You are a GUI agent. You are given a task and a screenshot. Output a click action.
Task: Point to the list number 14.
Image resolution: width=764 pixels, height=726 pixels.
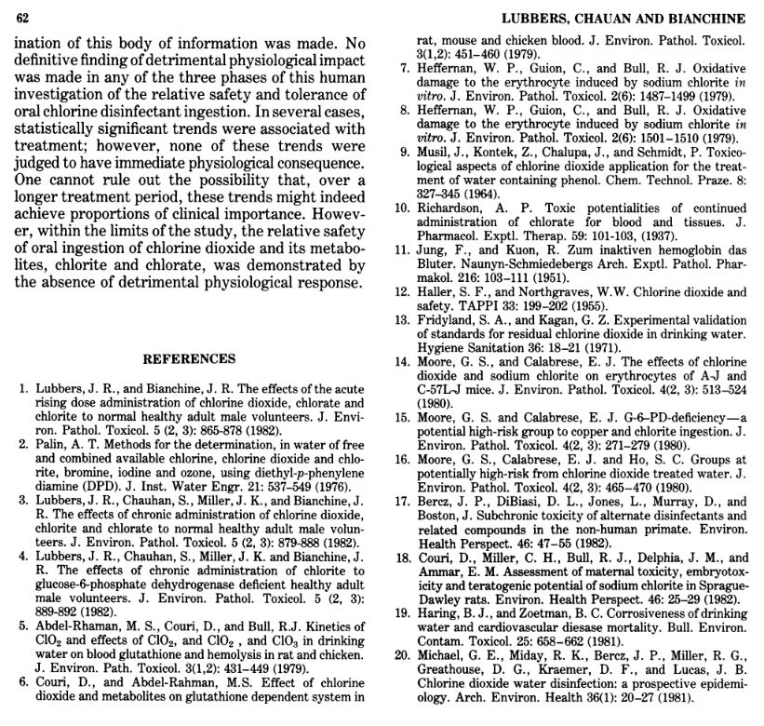pos(402,361)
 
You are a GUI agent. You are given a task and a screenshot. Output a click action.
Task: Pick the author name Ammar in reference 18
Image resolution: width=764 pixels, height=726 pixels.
pos(439,571)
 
